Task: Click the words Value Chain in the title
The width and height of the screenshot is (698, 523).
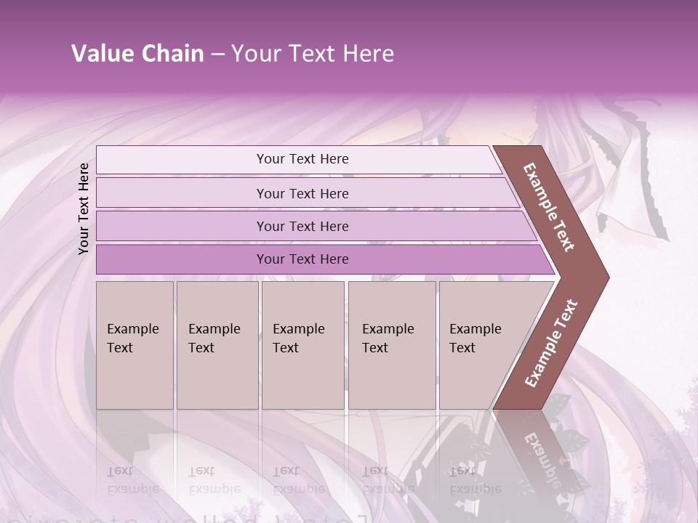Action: click(x=137, y=54)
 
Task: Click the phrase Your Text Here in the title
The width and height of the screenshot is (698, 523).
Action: click(x=313, y=54)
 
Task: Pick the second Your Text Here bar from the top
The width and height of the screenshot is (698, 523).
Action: click(x=302, y=193)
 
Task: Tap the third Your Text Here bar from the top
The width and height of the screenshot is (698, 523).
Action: click(x=302, y=226)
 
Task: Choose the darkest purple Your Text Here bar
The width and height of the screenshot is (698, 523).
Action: click(x=302, y=259)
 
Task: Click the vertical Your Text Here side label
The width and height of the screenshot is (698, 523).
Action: click(x=84, y=208)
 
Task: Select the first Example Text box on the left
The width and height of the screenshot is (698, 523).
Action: click(x=135, y=345)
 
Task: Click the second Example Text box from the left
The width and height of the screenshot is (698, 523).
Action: click(x=217, y=345)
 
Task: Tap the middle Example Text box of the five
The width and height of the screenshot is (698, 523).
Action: click(x=302, y=345)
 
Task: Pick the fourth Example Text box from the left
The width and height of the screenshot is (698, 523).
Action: click(x=391, y=345)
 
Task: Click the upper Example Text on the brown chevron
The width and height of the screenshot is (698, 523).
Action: click(x=549, y=207)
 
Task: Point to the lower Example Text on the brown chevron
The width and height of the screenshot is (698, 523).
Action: click(x=551, y=344)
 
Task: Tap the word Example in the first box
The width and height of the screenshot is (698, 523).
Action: click(x=133, y=329)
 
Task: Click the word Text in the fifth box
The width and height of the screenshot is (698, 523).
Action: click(x=462, y=348)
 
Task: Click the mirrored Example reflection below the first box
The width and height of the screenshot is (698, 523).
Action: click(x=133, y=488)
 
